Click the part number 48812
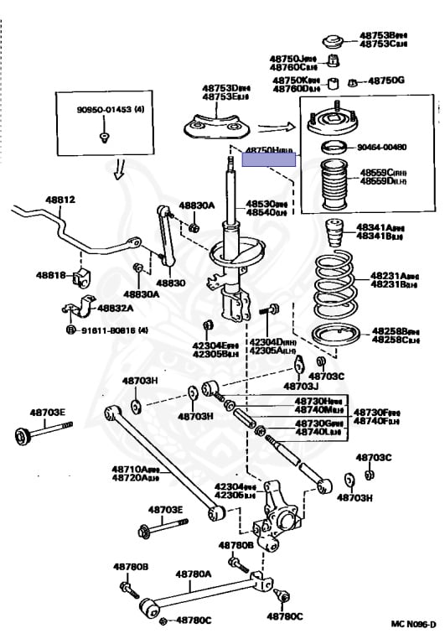[x=60, y=200]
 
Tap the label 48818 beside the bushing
[x=49, y=274]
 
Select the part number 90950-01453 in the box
[x=104, y=110]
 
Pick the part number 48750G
[x=386, y=80]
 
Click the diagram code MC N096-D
[x=414, y=623]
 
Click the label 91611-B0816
[x=112, y=330]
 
